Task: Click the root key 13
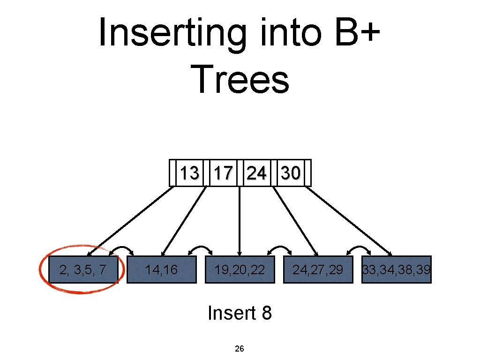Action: [x=189, y=173]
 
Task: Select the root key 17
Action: [x=223, y=173]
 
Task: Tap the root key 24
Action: [x=256, y=173]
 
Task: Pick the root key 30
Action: [x=290, y=173]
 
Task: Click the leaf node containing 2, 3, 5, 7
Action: [x=82, y=270]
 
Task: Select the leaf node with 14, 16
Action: [x=161, y=270]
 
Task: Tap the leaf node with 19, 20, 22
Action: [x=240, y=270]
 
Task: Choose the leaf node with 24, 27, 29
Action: [x=318, y=270]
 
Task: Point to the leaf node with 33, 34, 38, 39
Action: [x=397, y=270]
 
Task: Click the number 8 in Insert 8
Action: [x=266, y=313]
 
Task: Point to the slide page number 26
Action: [x=239, y=349]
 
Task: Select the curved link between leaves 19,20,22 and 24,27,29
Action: [x=280, y=249]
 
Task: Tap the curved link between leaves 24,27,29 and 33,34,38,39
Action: [x=359, y=249]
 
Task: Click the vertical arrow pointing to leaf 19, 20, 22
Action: [x=240, y=220]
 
